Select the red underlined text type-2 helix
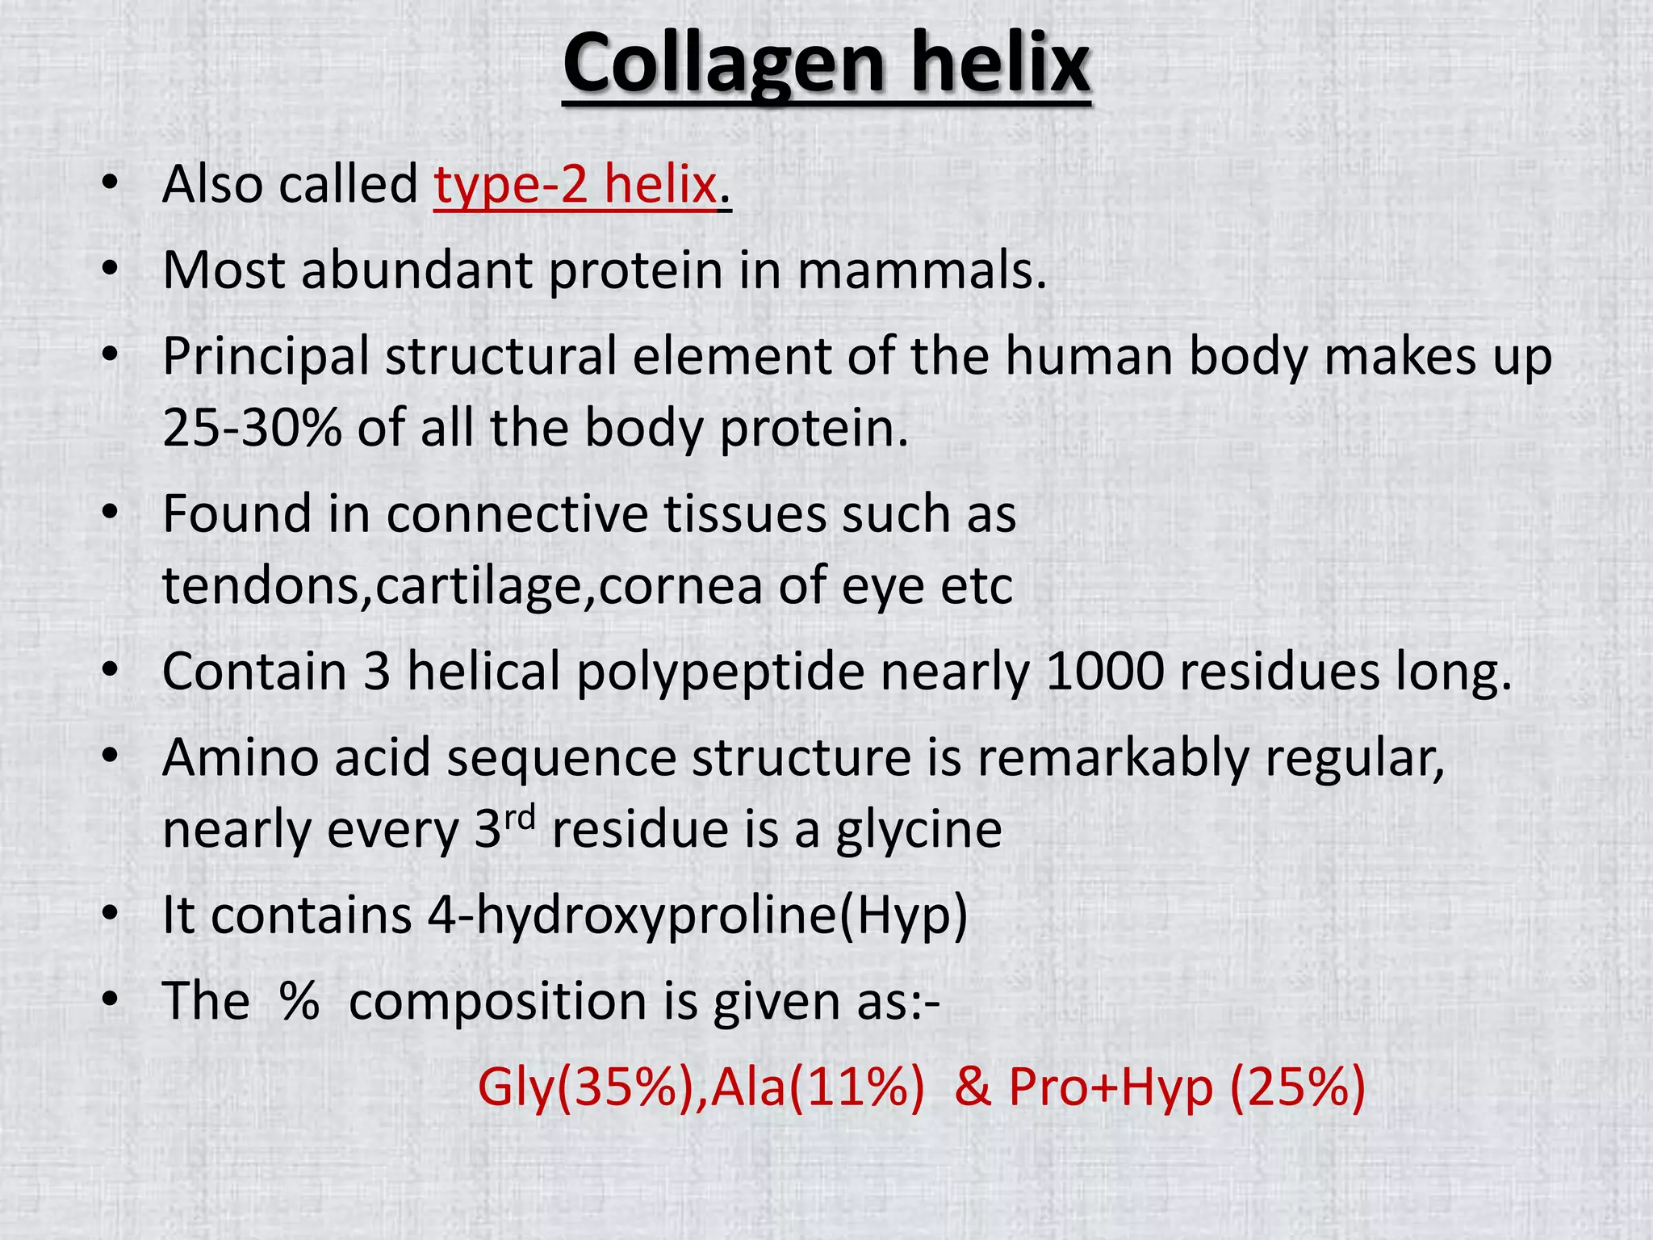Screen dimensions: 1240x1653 (x=575, y=185)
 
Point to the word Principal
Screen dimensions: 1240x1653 (x=266, y=357)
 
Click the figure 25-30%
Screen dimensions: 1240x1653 (x=252, y=428)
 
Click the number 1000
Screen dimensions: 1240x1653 (x=1105, y=672)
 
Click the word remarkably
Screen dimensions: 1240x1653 (x=1113, y=759)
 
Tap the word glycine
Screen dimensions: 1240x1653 (x=919, y=830)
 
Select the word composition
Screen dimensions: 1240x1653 (x=498, y=1002)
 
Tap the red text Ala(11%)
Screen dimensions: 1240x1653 (x=817, y=1087)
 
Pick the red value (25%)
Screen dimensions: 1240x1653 (x=1297, y=1087)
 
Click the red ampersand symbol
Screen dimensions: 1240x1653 (x=973, y=1087)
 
